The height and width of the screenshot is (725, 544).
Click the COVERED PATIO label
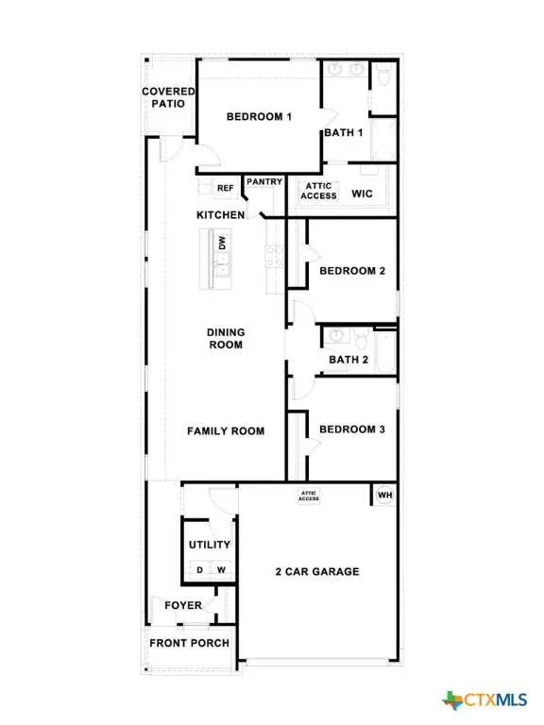click(x=168, y=97)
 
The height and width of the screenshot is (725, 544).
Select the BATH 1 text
click(x=344, y=133)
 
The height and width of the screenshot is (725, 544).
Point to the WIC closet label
click(x=364, y=194)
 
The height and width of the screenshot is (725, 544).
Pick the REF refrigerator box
click(x=225, y=188)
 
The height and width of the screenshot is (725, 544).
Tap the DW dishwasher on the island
click(x=221, y=242)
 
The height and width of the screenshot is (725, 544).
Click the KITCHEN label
click(x=220, y=215)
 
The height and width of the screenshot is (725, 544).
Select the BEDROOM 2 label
click(x=351, y=271)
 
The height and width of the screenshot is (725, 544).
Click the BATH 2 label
click(x=348, y=360)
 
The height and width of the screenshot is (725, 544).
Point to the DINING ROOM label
click(x=226, y=338)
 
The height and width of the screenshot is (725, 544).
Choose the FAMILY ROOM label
click(x=225, y=430)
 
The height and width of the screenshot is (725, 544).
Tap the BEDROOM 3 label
click(x=351, y=430)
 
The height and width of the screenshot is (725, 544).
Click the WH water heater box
click(x=384, y=495)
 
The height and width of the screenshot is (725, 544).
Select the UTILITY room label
click(x=209, y=545)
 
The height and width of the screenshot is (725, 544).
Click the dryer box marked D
click(x=198, y=569)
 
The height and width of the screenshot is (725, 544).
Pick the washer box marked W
click(x=221, y=569)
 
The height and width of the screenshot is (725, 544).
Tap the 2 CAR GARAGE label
click(x=316, y=571)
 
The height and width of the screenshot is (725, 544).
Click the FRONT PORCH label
click(x=189, y=643)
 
